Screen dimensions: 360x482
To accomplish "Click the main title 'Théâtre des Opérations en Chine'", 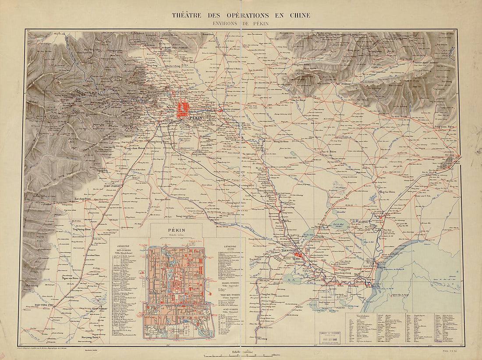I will coord(241,15).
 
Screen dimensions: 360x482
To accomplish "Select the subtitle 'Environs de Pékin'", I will coord(241,24).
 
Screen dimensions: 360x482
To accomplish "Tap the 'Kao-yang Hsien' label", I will coord(90,337).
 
